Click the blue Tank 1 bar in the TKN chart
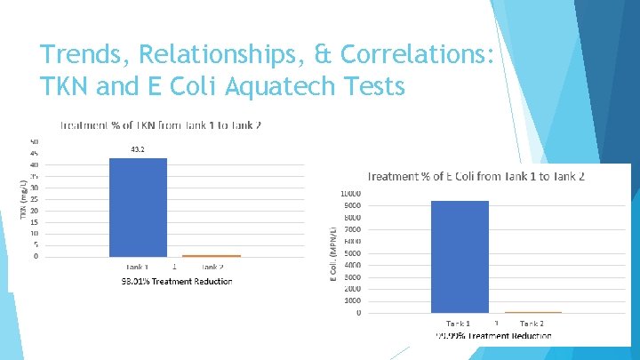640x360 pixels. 138,207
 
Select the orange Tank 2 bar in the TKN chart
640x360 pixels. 212,255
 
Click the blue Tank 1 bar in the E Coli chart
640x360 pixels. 460,257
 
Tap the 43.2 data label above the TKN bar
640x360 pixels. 138,149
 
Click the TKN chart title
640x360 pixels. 160,125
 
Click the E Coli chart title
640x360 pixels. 476,176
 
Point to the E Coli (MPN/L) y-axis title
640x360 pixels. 332,253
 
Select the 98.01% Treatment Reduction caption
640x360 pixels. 176,282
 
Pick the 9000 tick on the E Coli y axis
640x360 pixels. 352,205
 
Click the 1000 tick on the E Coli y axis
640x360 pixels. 352,300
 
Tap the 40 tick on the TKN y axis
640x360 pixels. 34,164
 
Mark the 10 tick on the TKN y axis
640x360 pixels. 34,233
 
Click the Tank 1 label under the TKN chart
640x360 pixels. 137,266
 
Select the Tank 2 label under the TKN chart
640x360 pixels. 212,266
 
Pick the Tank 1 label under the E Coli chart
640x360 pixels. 459,323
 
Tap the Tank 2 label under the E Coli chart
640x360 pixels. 532,323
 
